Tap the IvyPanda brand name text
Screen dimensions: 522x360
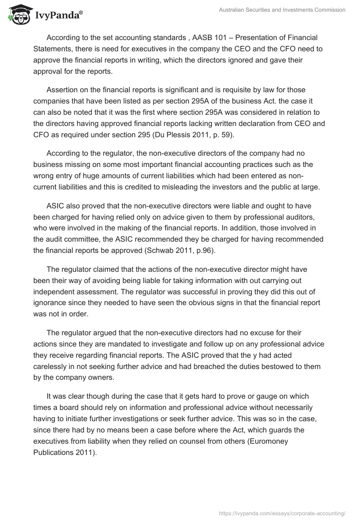tap(57, 16)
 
